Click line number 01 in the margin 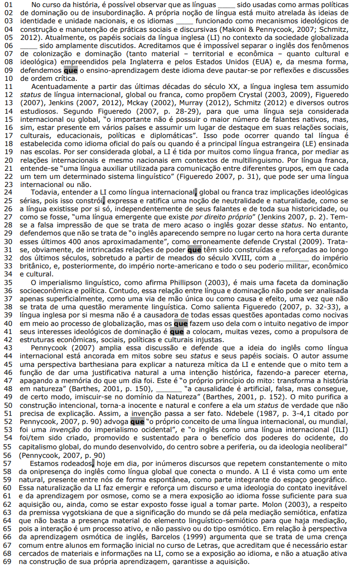point(7,4)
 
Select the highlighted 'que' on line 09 point(71,71)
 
